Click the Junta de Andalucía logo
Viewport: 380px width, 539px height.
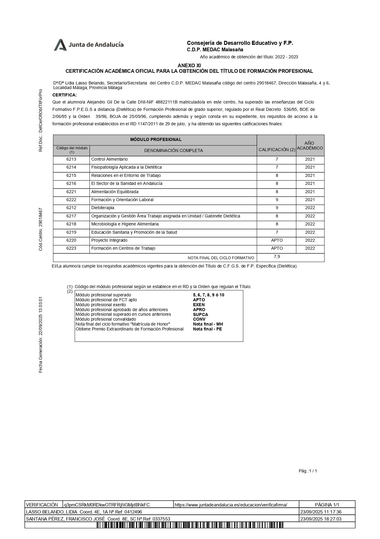[89, 45]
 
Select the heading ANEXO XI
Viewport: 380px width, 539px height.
[189, 65]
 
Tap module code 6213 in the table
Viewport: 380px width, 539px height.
[71, 159]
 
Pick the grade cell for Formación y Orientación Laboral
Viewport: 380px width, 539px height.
[276, 200]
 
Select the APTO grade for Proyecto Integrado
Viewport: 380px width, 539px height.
[277, 240]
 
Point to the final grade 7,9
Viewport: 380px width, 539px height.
[277, 257]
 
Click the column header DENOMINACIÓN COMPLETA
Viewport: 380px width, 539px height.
[173, 150]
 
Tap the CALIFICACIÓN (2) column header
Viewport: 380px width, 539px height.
[277, 150]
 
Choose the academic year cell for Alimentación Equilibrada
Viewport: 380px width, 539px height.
[310, 192]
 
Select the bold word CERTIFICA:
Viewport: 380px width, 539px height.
[65, 95]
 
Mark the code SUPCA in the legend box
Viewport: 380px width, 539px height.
[200, 314]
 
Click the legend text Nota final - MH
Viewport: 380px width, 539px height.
[208, 324]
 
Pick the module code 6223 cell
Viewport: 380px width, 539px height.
[71, 248]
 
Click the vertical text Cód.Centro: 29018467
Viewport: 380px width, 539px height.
[40, 229]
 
